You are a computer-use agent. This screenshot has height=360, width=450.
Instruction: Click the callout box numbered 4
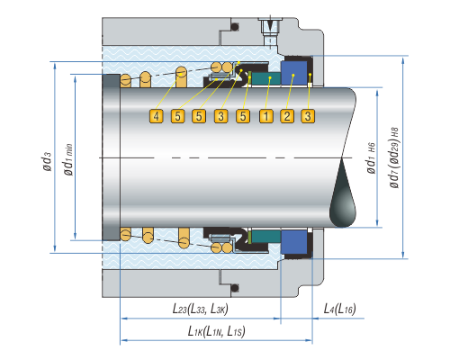point(156,116)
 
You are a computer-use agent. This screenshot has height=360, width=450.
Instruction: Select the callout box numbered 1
point(266,116)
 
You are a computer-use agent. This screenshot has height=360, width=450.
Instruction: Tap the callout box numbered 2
point(287,116)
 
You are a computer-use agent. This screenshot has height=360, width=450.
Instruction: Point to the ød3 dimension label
point(47,161)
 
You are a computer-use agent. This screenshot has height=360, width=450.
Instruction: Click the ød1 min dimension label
point(68,159)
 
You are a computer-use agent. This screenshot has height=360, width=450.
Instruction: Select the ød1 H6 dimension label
point(371,158)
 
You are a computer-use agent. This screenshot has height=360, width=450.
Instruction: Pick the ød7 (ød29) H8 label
point(394,157)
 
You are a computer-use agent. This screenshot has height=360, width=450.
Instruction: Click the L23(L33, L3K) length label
point(200,309)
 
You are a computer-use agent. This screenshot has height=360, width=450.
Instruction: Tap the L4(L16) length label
point(339,309)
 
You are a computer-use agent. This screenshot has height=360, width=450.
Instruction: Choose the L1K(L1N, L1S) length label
point(216,331)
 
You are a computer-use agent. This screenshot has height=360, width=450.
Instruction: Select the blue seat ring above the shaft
point(293,73)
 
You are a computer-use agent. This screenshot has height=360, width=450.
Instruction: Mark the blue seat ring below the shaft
point(293,242)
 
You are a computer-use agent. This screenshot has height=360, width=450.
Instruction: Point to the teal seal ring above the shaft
point(265,78)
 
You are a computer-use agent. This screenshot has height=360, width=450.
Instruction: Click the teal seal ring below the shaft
point(265,237)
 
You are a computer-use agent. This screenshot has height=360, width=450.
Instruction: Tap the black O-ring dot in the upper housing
point(235,27)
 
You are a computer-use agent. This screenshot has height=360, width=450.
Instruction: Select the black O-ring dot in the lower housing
point(235,288)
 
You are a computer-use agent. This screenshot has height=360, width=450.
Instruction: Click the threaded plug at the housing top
point(270,29)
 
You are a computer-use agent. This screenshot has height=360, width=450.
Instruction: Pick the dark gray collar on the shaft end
point(111,157)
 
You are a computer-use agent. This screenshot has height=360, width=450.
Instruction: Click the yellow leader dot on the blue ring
point(293,75)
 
